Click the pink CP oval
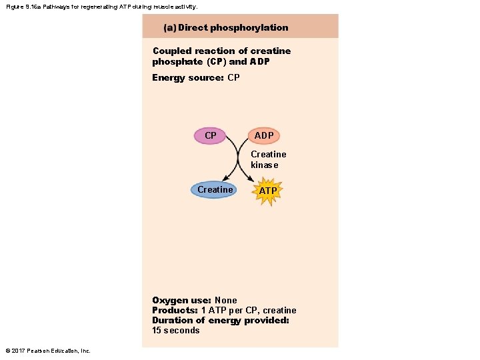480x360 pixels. pos(211,135)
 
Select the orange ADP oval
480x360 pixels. pos(264,135)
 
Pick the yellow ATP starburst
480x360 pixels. pos(268,191)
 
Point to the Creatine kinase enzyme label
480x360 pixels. pos(268,159)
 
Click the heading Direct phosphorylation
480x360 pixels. pos(233,27)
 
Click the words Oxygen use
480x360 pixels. pos(181,300)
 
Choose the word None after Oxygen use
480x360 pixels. pos(225,300)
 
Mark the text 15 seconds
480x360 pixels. pos(176,330)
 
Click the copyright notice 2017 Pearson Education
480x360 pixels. pos(47,351)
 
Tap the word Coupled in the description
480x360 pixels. pos(172,51)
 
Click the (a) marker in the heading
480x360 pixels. pos(169,27)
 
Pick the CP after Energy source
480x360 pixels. pos(233,77)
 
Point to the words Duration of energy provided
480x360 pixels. pos(221,320)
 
